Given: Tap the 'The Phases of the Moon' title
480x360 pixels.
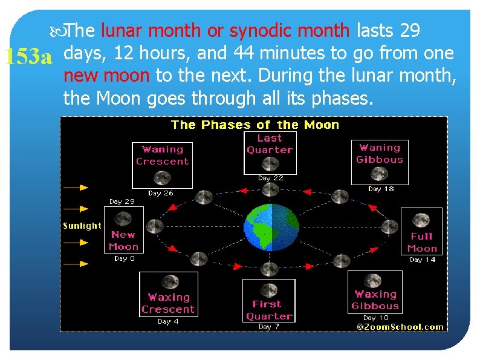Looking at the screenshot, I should (255, 125).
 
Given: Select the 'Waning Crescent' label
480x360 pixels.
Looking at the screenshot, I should (162, 155).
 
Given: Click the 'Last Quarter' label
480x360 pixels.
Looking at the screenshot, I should (270, 144).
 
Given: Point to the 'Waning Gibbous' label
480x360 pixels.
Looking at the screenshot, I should (379, 154).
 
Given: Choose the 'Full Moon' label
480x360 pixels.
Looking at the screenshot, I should (422, 242).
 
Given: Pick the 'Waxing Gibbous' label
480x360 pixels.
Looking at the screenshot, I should (375, 300).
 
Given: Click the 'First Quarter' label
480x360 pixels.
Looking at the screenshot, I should (269, 310).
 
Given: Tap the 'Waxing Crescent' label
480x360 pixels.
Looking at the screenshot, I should (168, 303).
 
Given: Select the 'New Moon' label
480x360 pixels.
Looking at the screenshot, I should (124, 240).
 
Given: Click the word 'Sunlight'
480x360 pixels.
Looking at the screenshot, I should (82, 226).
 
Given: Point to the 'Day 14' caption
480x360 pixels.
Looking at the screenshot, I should (423, 260).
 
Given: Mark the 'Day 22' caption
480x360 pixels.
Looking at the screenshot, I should (270, 178).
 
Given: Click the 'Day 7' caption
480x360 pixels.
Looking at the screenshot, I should (269, 327).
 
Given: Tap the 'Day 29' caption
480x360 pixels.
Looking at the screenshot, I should (122, 201).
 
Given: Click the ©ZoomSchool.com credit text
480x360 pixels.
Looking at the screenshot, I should (400, 327).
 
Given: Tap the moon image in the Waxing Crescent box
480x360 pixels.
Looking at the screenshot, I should (170, 282).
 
